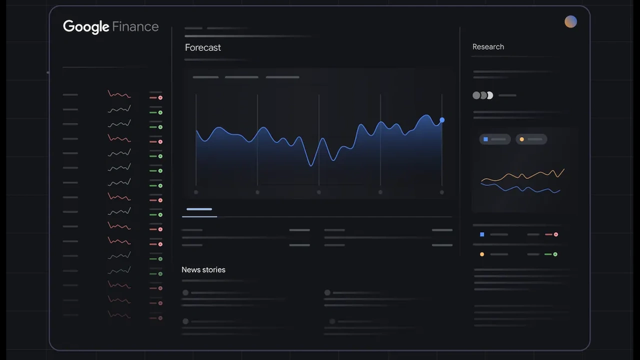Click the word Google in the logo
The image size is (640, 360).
86,26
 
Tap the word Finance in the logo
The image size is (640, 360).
135,26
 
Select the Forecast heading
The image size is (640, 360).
202,47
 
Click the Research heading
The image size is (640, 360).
488,46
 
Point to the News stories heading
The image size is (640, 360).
203,269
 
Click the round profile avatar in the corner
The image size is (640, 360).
570,21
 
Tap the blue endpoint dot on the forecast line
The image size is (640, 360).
442,120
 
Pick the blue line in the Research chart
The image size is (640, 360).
520,188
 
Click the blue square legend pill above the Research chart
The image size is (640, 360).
494,139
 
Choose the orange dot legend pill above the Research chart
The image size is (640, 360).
530,139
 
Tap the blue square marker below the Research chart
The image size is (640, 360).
482,234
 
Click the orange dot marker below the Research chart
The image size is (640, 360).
482,254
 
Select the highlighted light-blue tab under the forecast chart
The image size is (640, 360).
199,209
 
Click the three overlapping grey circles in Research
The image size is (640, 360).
483,95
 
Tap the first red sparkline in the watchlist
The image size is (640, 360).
119,94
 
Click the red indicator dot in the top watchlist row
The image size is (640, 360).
160,97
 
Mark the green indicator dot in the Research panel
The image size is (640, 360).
555,254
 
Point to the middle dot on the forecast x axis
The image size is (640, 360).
319,192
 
